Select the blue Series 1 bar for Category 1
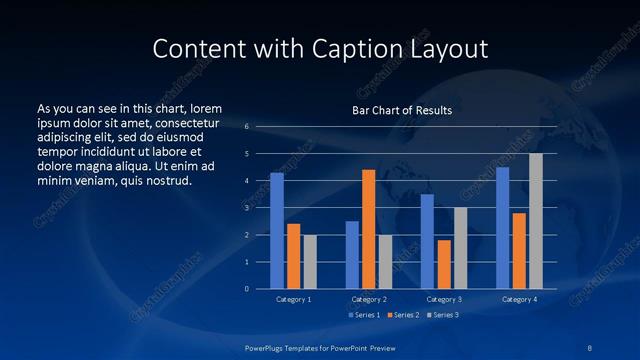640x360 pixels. [x=277, y=230]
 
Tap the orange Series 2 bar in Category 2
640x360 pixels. [x=369, y=229]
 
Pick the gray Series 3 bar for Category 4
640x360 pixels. [x=536, y=221]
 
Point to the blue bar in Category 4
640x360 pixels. [x=503, y=228]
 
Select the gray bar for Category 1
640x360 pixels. [x=310, y=261]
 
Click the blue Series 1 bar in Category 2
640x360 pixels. [x=352, y=254]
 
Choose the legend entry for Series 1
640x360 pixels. [x=366, y=315]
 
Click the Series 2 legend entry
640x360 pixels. [x=402, y=315]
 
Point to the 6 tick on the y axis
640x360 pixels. [x=247, y=127]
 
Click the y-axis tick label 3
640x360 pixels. [x=247, y=208]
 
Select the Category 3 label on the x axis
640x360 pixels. [x=444, y=299]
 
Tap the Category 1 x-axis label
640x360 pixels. [x=293, y=299]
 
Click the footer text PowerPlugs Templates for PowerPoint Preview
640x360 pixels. [x=320, y=346]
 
